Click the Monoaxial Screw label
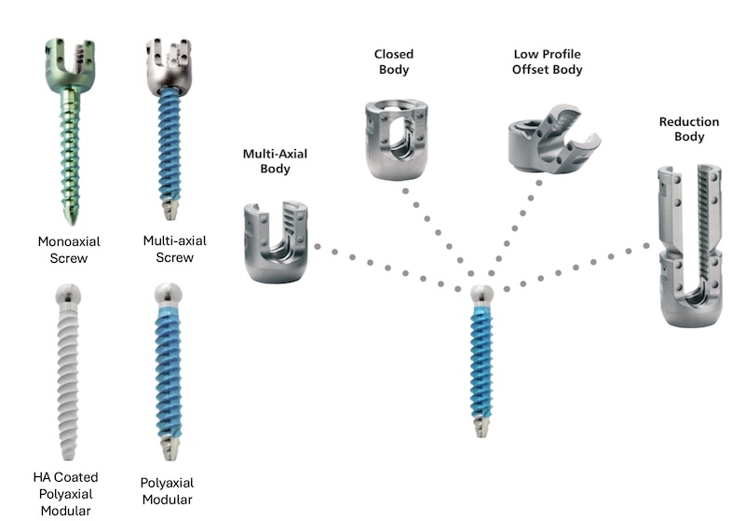tap(70, 249)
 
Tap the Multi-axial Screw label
tap(175, 248)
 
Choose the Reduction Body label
tap(688, 130)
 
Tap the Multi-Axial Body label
tap(266, 161)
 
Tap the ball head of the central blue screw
tap(481, 295)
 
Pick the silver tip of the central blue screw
tap(481, 429)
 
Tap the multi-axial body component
tap(276, 241)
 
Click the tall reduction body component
tap(690, 246)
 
